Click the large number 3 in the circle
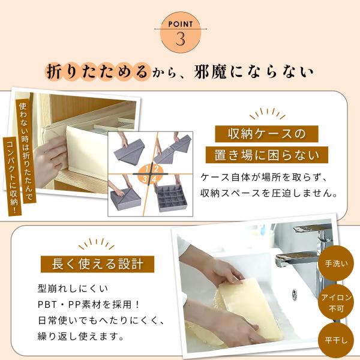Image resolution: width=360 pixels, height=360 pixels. pyautogui.click(x=181, y=39)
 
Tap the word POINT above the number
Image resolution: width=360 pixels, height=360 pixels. pyautogui.click(x=181, y=24)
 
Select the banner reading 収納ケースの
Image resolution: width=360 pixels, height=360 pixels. pyautogui.click(x=266, y=134)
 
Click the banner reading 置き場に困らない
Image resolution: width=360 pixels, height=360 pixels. pyautogui.click(x=267, y=155)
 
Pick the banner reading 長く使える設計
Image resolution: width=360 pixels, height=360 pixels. pyautogui.click(x=98, y=264)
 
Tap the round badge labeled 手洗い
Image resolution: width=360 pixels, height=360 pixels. pyautogui.click(x=336, y=263)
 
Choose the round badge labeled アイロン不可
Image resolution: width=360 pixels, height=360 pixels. pyautogui.click(x=336, y=302)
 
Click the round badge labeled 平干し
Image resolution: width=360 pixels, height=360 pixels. pyautogui.click(x=336, y=340)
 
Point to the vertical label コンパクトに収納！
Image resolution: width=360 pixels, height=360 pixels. pyautogui.click(x=13, y=176)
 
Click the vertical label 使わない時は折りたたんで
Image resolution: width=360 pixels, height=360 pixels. pyautogui.click(x=26, y=151)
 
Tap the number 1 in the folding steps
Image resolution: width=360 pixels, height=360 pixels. pyautogui.click(x=146, y=169)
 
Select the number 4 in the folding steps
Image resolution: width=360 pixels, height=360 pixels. pyautogui.click(x=154, y=179)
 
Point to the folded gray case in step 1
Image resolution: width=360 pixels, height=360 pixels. pyautogui.click(x=129, y=152)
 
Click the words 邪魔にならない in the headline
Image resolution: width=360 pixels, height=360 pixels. pyautogui.click(x=253, y=72)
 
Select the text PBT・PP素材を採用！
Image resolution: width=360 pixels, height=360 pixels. pyautogui.click(x=89, y=305)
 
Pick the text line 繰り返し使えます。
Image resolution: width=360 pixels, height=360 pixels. pyautogui.click(x=81, y=337)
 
